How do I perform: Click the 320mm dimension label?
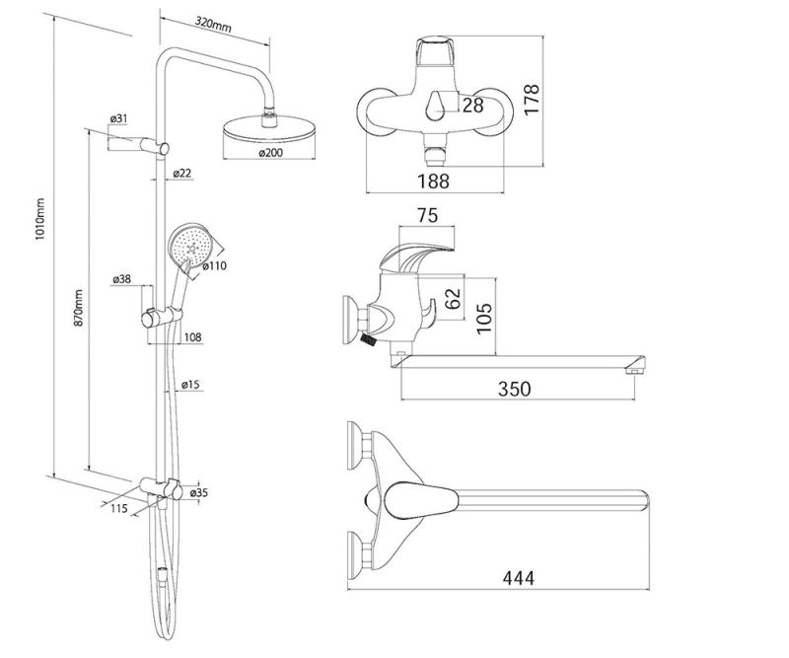(213, 24)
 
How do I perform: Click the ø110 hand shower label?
(216, 265)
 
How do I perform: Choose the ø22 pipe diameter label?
(181, 174)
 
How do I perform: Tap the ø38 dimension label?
(122, 279)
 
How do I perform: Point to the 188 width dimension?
(432, 181)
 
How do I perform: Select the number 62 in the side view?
(453, 299)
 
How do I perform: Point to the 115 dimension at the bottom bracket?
(120, 508)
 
